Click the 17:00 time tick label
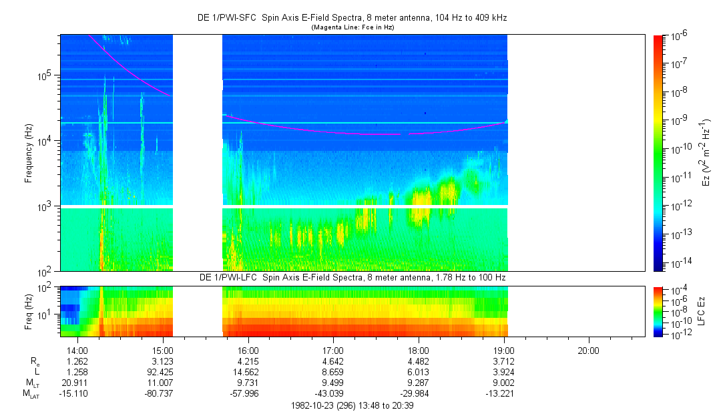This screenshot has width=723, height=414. (x=333, y=350)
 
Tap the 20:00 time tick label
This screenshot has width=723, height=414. (x=588, y=350)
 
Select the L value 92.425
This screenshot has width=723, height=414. (x=163, y=372)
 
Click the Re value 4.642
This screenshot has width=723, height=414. (x=333, y=361)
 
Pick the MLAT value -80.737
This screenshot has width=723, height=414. (x=163, y=394)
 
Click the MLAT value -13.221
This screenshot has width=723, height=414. (x=503, y=394)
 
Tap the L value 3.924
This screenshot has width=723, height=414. (x=503, y=372)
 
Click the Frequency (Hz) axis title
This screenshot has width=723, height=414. (x=29, y=153)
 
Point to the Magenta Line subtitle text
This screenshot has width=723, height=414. (x=353, y=27)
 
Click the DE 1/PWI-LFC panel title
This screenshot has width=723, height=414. (x=352, y=277)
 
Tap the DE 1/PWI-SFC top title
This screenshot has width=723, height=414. (x=352, y=18)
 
